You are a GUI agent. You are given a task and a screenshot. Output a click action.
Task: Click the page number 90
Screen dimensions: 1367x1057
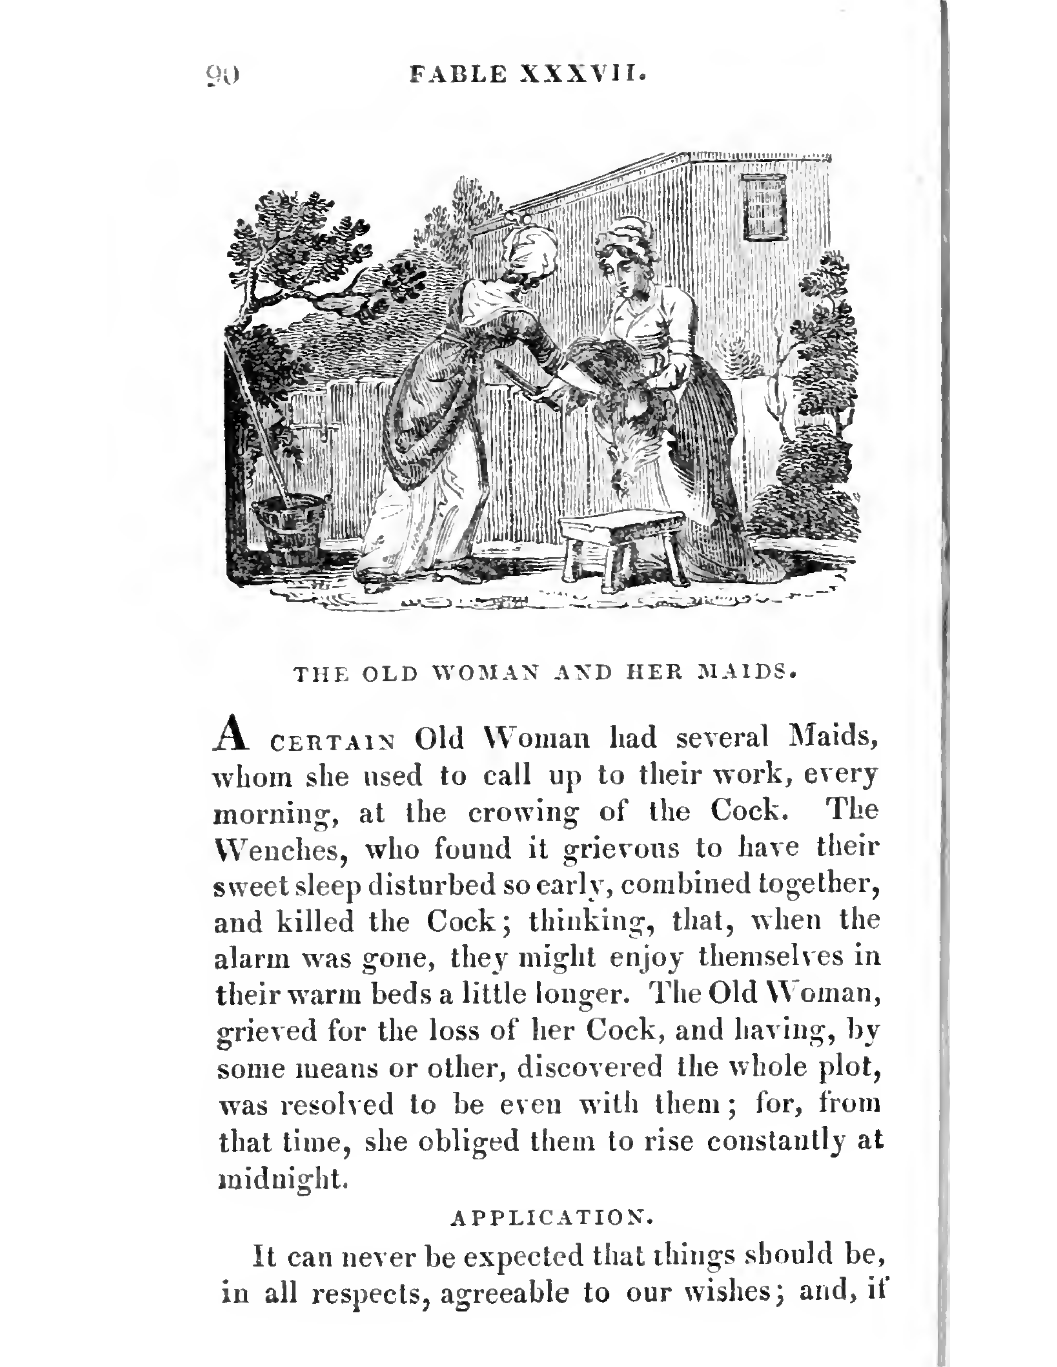[222, 75]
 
